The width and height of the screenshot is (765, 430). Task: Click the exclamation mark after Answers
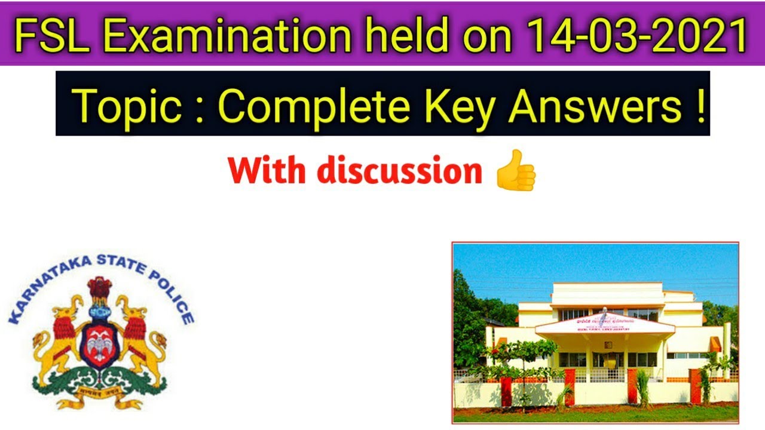point(700,105)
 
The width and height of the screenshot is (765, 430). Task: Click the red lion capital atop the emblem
point(99,290)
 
